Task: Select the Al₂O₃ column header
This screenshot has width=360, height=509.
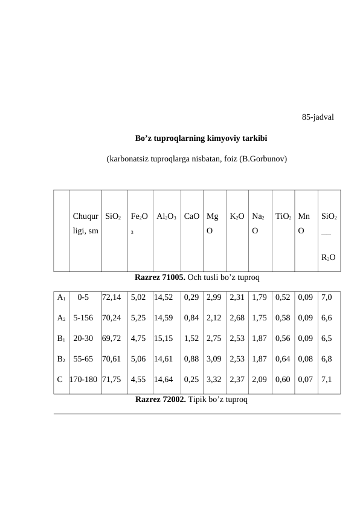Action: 166,216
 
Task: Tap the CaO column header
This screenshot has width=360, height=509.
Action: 192,216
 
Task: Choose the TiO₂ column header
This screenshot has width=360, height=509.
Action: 283,216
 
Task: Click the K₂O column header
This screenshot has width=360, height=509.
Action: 237,216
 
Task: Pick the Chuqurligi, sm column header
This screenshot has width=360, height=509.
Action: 85,223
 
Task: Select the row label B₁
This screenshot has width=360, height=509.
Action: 60,339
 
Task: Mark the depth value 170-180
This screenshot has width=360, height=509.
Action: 85,380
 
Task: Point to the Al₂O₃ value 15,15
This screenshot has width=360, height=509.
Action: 164,339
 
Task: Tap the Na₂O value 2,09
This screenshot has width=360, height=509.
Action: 259,380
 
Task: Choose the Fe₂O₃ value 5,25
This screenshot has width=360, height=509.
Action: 138,318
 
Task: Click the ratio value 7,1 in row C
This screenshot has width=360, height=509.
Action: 327,380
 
